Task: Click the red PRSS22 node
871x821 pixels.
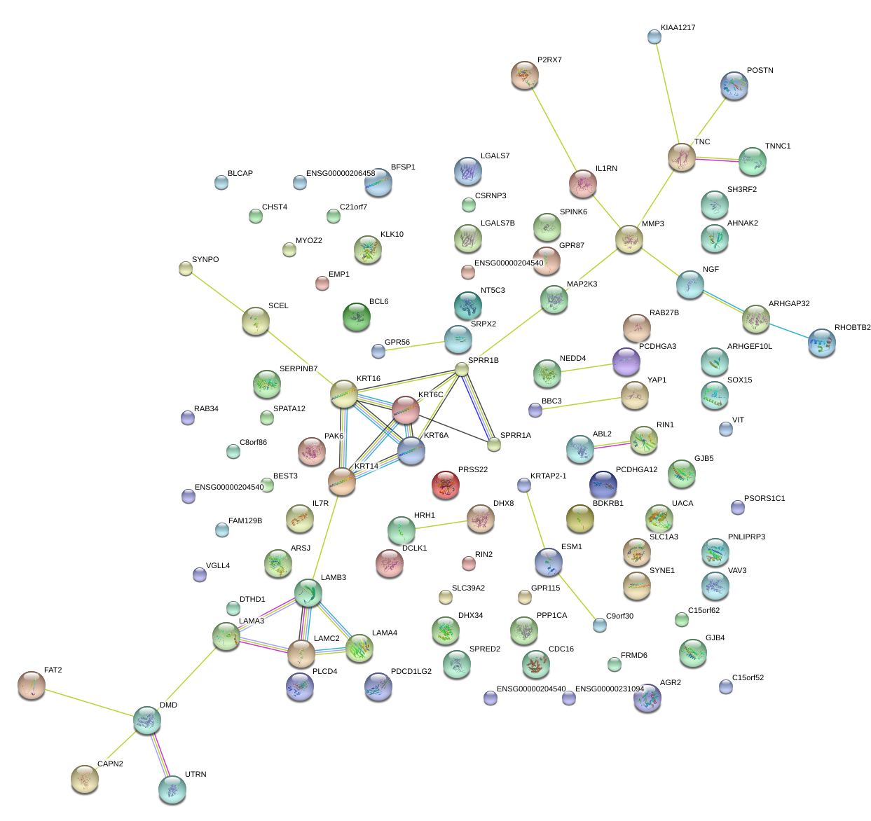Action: coord(446,485)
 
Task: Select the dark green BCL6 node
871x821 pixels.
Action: coord(357,317)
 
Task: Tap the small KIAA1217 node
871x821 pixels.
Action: coord(654,36)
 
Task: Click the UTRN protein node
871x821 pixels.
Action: coord(172,789)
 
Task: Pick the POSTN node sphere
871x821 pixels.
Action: coord(734,85)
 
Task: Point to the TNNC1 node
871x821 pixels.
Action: coord(753,161)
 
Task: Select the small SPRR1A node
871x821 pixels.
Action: coord(494,443)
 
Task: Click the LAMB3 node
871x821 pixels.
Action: coord(308,593)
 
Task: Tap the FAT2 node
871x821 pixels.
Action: coord(32,685)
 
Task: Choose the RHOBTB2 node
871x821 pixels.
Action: coord(821,343)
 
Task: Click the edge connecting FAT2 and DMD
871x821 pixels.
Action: coord(89,702)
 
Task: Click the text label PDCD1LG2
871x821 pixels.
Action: coord(411,672)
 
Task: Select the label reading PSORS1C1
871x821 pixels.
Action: coord(764,499)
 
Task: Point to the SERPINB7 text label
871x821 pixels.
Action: coord(299,369)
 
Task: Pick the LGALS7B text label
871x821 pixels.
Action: coord(498,223)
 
